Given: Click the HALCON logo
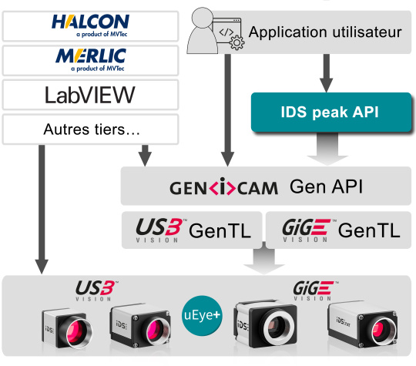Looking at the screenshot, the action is coord(90,25).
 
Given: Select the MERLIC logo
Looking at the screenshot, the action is coord(90,60).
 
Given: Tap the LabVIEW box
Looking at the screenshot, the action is coord(90,95).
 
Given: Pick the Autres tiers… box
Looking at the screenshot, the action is coord(90,129).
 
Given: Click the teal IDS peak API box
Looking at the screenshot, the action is coord(330,112).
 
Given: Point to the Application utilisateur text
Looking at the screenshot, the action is coord(325,32).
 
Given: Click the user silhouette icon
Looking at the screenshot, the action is coord(202,31).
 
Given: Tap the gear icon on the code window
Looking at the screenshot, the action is coord(237,42).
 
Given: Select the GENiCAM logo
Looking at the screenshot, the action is coord(223,186).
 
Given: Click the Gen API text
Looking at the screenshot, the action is coord(326,186).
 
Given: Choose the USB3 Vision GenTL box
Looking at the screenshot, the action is coord(192,230).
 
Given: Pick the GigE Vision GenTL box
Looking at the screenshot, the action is coord(338,230).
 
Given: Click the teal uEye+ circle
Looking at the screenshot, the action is coord(202,315).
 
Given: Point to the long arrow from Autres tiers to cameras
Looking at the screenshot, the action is coord(42,210).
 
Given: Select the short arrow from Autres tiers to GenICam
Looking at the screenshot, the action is coord(145,156).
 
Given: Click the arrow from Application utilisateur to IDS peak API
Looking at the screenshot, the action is coord(327,73).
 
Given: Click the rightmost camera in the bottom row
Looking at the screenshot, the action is coord(362,324).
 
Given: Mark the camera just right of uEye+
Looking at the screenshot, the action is coord(265,324).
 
